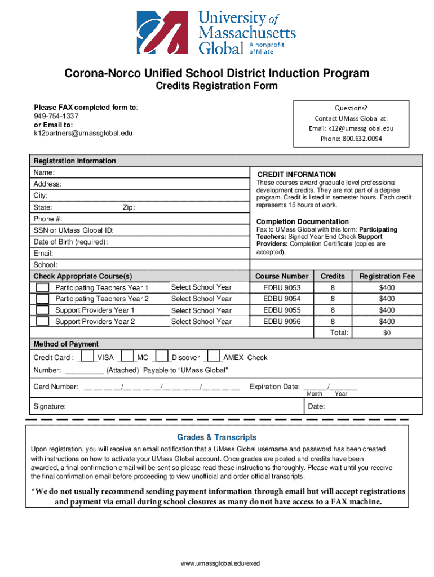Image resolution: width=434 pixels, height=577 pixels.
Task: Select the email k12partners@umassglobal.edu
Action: pos(83,133)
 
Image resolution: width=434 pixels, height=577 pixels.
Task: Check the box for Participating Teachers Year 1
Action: pos(43,287)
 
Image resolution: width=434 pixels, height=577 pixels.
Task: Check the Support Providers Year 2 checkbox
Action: pos(43,321)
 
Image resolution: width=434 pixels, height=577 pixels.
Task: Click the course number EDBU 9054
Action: pos(282,299)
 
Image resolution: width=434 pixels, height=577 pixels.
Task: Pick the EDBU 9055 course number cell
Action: pos(282,310)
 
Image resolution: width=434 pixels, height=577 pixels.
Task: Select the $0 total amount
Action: pos(387,333)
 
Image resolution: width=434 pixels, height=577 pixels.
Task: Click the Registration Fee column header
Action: pos(387,276)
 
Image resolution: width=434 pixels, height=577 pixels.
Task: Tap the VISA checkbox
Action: pos(87,357)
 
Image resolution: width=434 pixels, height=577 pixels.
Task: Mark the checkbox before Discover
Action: pos(162,357)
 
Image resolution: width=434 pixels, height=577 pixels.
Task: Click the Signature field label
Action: pos(50,406)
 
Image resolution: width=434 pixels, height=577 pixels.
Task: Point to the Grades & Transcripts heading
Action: pos(216,437)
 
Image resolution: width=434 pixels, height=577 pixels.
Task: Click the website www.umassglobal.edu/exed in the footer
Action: pos(217,563)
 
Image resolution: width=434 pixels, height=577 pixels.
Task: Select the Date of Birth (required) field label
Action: pos(70,242)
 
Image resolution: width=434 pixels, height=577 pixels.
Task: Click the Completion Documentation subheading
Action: pos(303,221)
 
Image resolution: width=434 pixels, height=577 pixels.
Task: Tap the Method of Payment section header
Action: pos(66,344)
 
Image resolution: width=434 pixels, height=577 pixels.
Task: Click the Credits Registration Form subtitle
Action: pos(216,86)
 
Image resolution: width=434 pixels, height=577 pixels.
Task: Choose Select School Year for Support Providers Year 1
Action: pos(201,310)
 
